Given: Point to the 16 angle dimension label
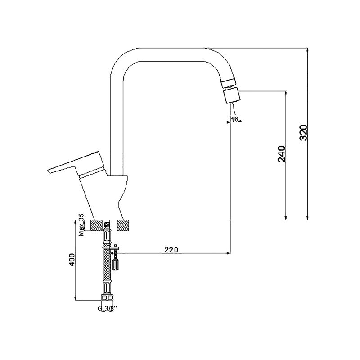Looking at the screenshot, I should pos(234,119).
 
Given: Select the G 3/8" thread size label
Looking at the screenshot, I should pos(107,309).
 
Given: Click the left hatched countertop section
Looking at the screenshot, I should pos(97,225).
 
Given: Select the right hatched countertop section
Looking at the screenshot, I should pos(123,225).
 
